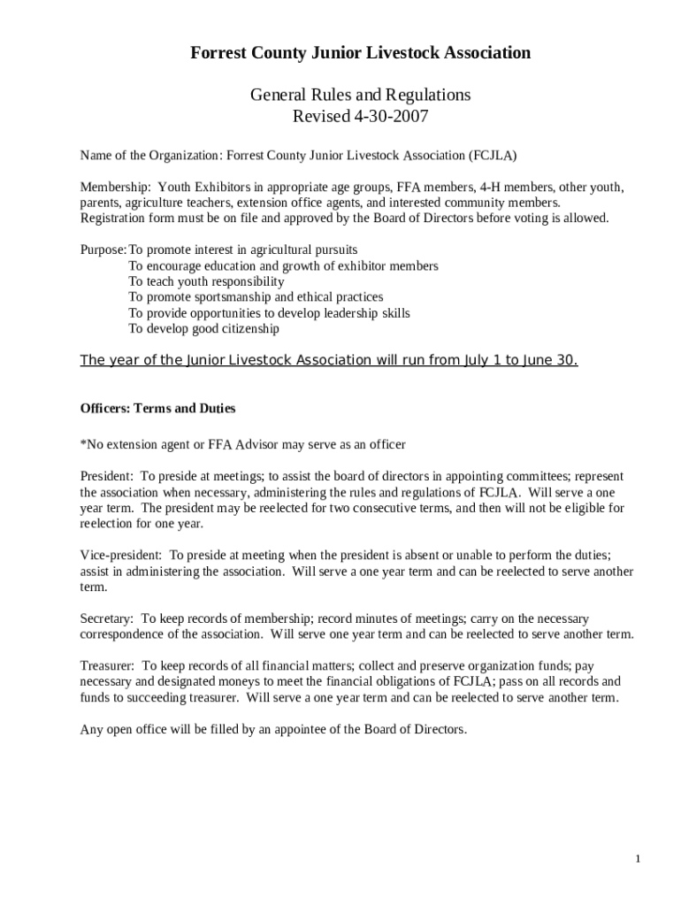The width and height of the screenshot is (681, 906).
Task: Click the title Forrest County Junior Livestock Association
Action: point(361,53)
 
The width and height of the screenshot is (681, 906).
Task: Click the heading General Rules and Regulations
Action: point(360,95)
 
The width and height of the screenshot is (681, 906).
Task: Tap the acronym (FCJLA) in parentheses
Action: point(493,156)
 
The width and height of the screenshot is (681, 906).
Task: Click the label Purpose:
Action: point(103,250)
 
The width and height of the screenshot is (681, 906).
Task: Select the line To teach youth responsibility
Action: point(206,281)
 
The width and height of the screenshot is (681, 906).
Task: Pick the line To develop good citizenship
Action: point(203,329)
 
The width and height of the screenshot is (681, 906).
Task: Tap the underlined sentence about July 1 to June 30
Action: point(329,360)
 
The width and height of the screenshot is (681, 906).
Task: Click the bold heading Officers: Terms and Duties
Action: point(157,409)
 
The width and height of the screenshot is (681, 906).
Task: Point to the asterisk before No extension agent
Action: point(83,444)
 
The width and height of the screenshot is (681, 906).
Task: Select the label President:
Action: point(107,476)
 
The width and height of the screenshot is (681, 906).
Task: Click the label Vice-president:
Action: point(121,556)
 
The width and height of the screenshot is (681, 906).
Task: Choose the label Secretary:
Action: point(107,619)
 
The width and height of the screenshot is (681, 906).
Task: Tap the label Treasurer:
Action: point(108,665)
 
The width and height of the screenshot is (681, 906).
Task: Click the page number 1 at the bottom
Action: point(638,859)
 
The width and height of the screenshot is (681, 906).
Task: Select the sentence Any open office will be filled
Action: point(272,730)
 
